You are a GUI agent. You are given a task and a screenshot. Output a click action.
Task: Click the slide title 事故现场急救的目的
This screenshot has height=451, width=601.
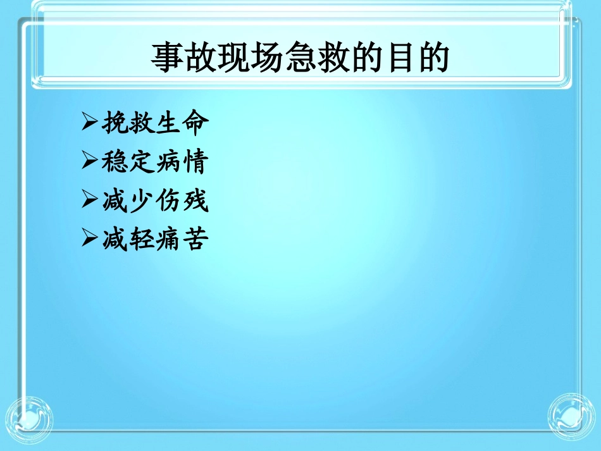pyautogui.click(x=300, y=58)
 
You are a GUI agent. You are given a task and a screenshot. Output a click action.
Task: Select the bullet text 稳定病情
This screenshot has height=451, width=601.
pyautogui.click(x=154, y=163)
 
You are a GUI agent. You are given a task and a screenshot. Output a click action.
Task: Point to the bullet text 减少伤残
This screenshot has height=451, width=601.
pyautogui.click(x=154, y=202)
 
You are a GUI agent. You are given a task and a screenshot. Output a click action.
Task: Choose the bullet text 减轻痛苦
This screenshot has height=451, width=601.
pyautogui.click(x=154, y=240)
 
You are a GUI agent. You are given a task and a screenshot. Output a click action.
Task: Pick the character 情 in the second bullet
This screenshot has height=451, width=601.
pyautogui.click(x=194, y=163)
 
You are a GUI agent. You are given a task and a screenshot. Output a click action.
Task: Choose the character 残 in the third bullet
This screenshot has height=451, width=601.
pyautogui.click(x=194, y=202)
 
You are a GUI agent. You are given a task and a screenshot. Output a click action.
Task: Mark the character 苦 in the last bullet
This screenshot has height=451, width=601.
pyautogui.click(x=194, y=240)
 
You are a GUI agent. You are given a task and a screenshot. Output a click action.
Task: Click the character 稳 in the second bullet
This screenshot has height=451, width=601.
pyautogui.click(x=114, y=163)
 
